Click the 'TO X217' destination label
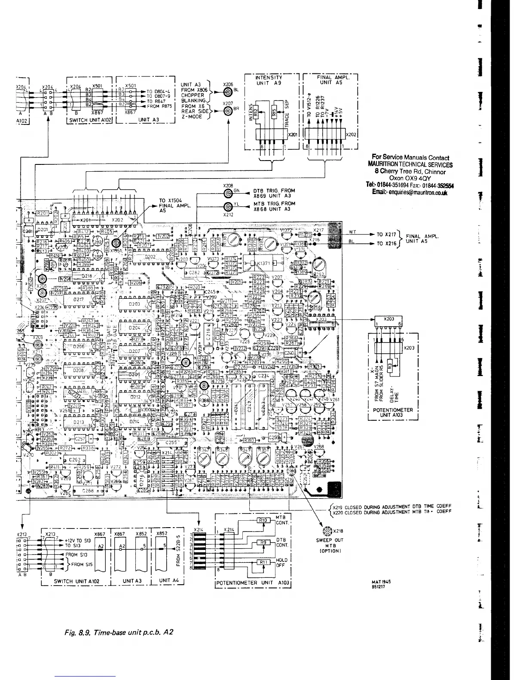click(x=386, y=235)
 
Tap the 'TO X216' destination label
click(x=386, y=243)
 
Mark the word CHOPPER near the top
click(x=192, y=95)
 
